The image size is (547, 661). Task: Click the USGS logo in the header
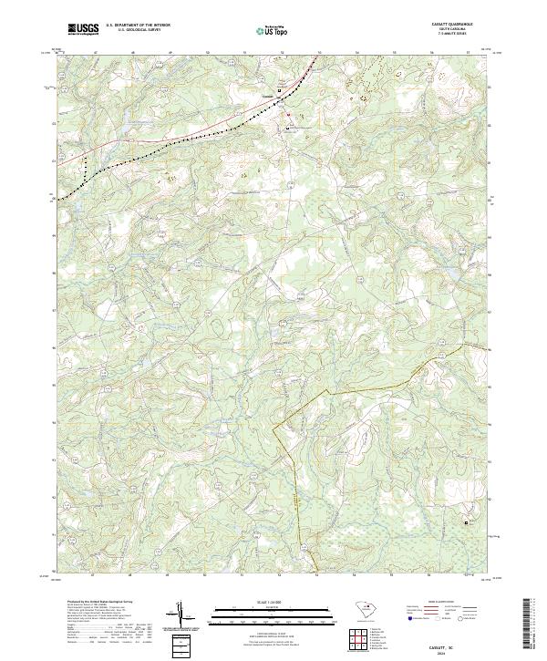(x=84, y=29)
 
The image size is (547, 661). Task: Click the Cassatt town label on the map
(x=267, y=92)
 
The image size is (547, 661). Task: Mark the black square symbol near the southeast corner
(x=469, y=522)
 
